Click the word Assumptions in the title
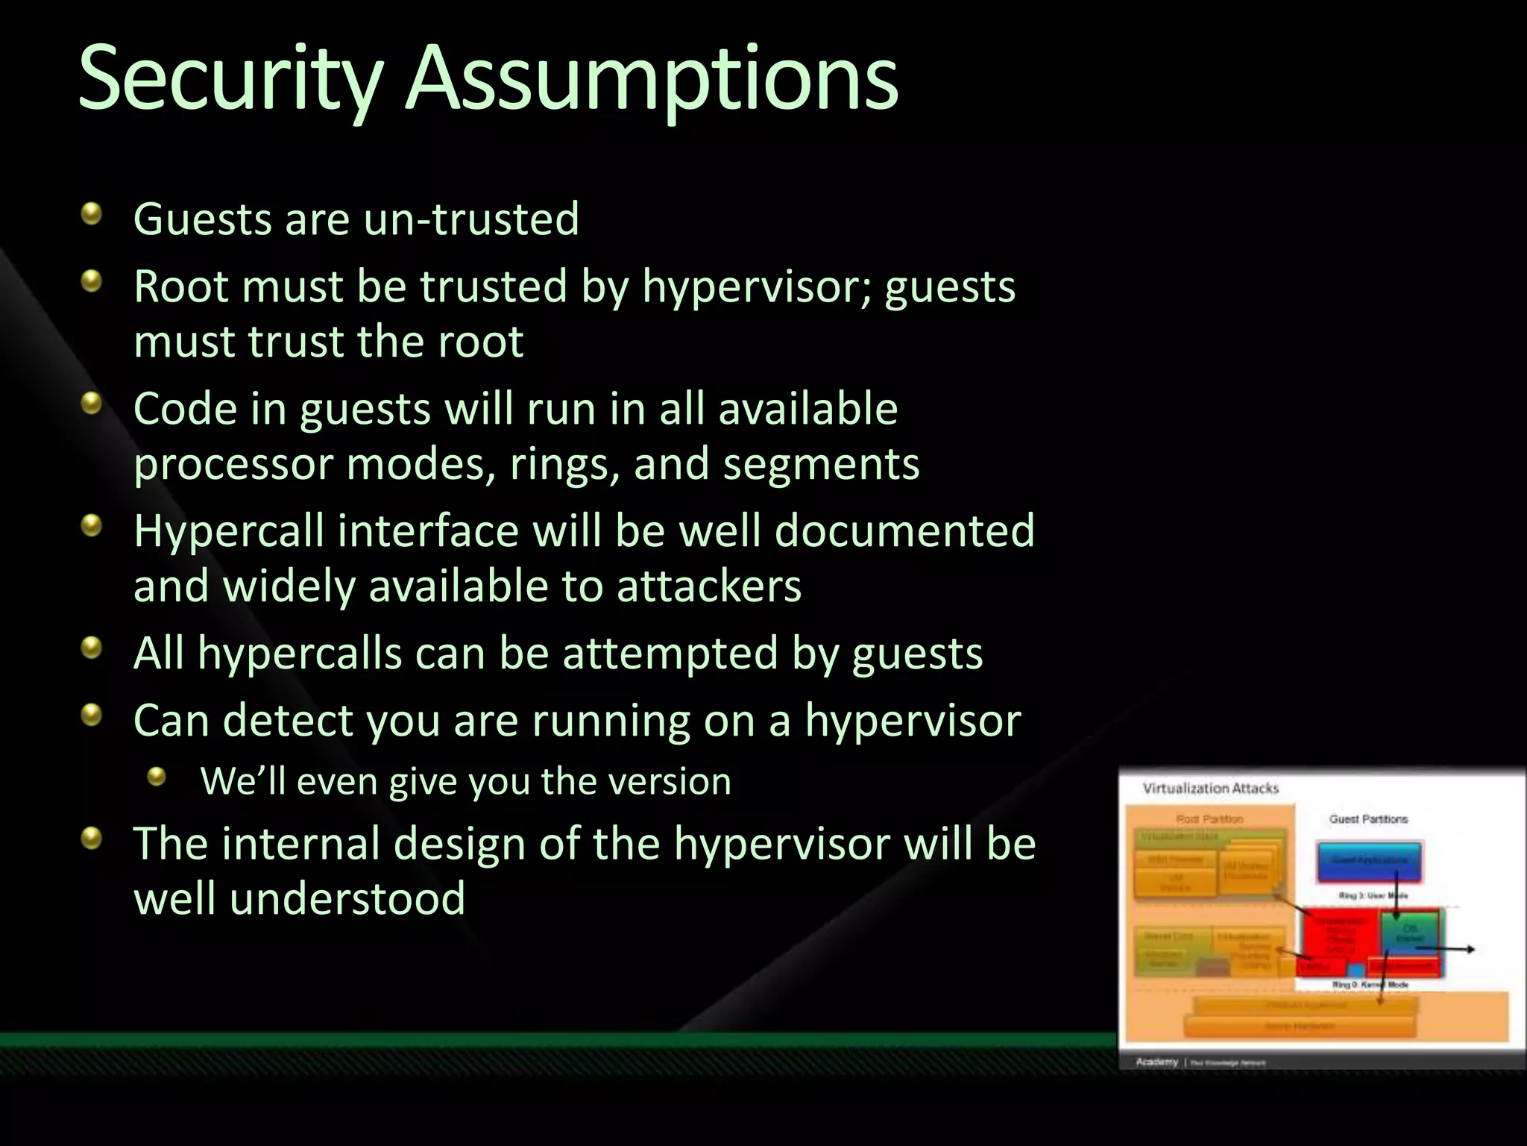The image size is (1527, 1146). pos(652,79)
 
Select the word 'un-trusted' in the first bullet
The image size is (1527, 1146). pos(471,219)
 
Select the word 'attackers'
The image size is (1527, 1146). pos(708,586)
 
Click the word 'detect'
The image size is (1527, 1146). pos(281,721)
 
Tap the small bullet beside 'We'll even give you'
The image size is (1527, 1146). pos(157,778)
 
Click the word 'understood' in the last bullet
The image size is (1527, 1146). pos(347,898)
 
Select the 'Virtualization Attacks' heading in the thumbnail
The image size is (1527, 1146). pos(1210,789)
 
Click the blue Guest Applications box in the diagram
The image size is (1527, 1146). pos(1369,860)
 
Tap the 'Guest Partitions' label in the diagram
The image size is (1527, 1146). pos(1368,819)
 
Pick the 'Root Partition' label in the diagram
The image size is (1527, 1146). pos(1209,819)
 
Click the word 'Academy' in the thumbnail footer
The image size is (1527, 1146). pos(1156,1062)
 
